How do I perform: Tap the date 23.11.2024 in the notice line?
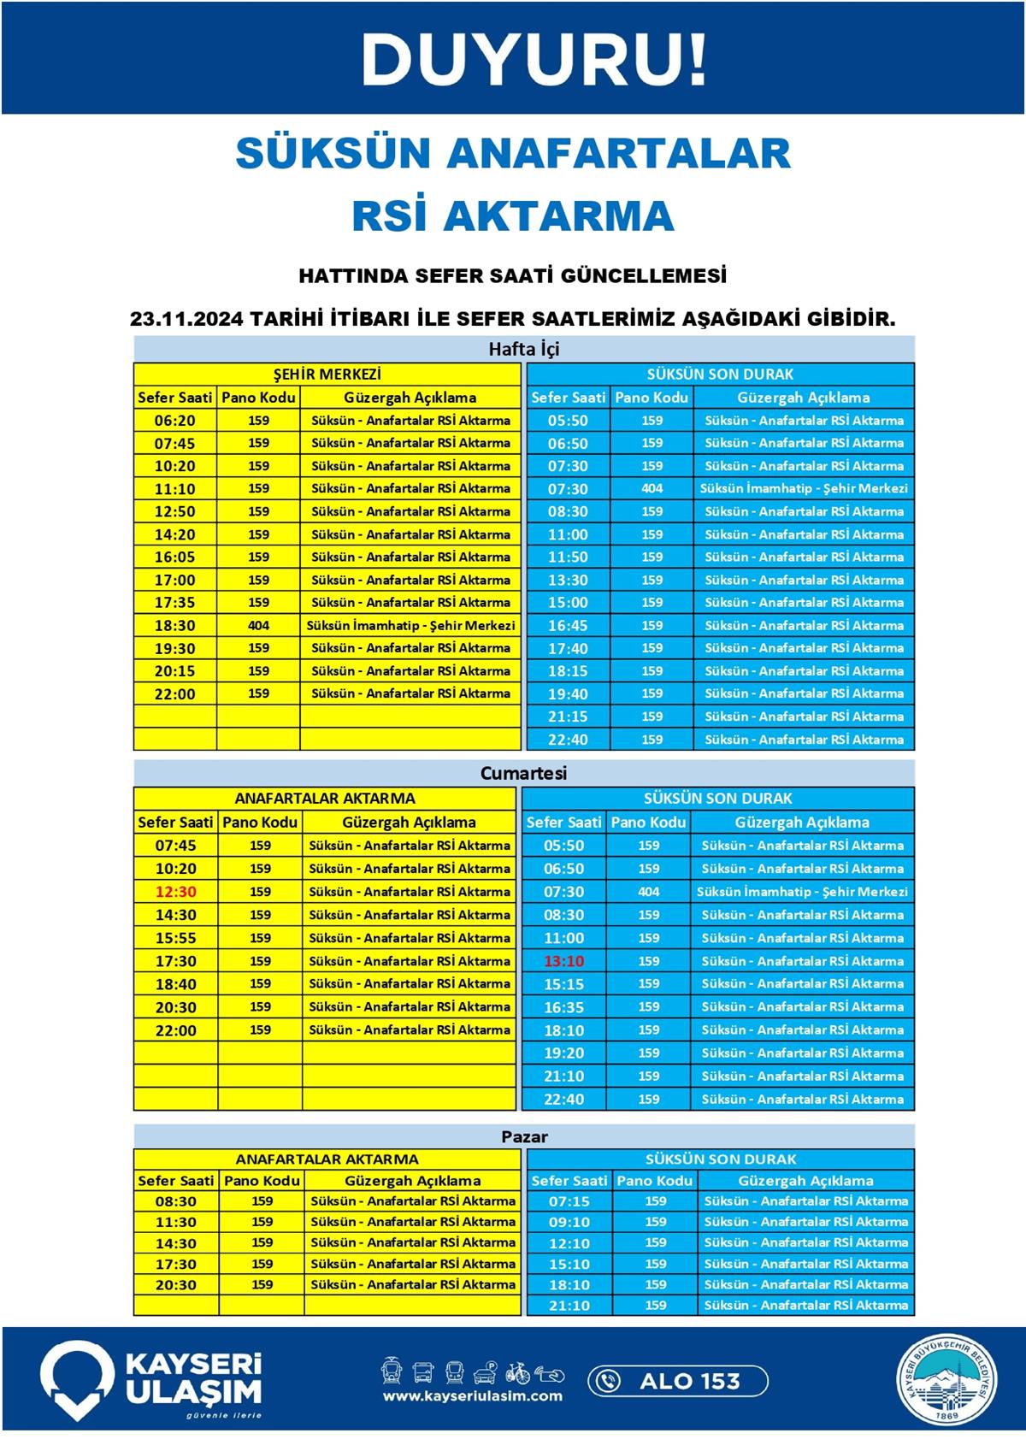pos(186,319)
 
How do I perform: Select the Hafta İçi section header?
pos(523,349)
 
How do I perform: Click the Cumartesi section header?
pos(523,773)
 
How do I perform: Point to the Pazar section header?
pos(523,1136)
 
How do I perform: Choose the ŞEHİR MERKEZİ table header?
pos(327,375)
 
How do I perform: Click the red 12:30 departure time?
pos(175,892)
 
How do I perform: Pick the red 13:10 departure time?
pos(563,961)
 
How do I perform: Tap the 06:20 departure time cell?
pos(174,421)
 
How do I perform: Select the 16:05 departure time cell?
pos(174,557)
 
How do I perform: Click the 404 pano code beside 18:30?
pos(258,625)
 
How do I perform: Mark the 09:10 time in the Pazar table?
pos(569,1222)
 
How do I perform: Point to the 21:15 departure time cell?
pos(568,717)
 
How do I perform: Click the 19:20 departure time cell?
pos(563,1053)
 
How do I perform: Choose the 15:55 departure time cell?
pos(175,938)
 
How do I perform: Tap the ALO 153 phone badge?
pos(677,1381)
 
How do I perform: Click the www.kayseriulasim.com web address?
pos(472,1396)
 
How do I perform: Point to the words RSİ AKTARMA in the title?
pos(513,215)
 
